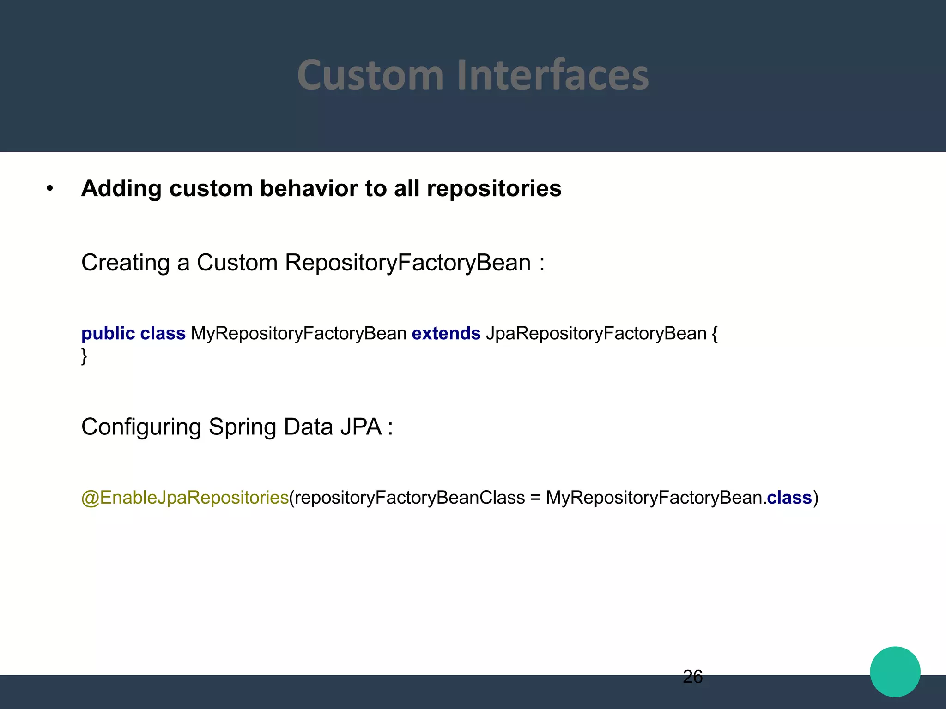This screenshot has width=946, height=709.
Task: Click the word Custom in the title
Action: pyautogui.click(x=370, y=75)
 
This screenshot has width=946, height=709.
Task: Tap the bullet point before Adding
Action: pyautogui.click(x=50, y=189)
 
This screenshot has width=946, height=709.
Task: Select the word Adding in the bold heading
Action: pyautogui.click(x=121, y=189)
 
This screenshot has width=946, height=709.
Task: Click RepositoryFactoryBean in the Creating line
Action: pyautogui.click(x=408, y=263)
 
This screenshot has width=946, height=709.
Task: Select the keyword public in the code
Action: pyautogui.click(x=108, y=333)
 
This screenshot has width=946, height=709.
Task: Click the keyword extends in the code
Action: pyautogui.click(x=446, y=333)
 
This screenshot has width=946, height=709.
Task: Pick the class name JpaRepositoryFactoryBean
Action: pyautogui.click(x=596, y=333)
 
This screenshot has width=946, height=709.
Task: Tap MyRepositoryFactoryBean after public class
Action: pyautogui.click(x=298, y=333)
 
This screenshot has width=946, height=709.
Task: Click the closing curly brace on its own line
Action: pyautogui.click(x=84, y=356)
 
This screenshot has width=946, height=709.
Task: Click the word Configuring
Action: pyautogui.click(x=141, y=427)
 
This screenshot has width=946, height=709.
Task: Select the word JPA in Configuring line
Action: pyautogui.click(x=361, y=427)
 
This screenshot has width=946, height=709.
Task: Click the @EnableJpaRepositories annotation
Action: pyautogui.click(x=185, y=498)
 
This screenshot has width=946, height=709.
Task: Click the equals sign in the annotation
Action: pyautogui.click(x=535, y=498)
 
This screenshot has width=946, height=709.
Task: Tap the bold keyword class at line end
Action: pyautogui.click(x=789, y=498)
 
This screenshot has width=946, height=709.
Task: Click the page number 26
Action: pyautogui.click(x=692, y=677)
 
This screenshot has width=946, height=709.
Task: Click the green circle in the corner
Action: pyautogui.click(x=895, y=672)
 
